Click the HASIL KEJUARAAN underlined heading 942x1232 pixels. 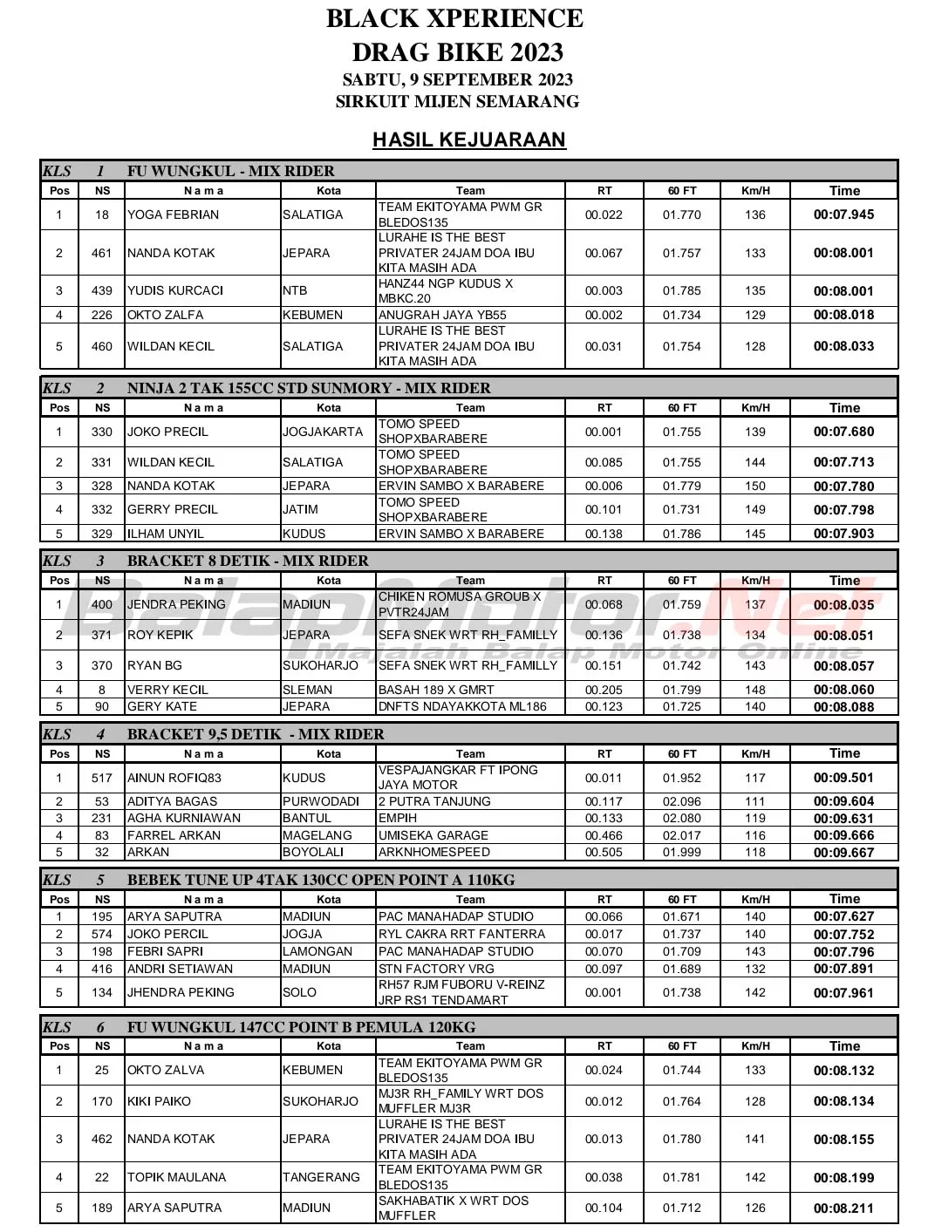[469, 140]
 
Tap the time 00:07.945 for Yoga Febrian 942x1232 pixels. [843, 214]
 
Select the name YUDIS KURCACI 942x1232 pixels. [175, 290]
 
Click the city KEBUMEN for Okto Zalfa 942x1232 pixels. [313, 315]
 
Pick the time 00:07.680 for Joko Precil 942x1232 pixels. [843, 432]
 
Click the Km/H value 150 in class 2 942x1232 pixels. [755, 486]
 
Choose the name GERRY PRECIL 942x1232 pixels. [173, 509]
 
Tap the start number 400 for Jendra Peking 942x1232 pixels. [102, 604]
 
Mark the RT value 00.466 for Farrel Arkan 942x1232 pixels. [604, 835]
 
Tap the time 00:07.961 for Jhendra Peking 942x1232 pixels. [843, 992]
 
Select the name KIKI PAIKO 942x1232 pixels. [159, 1101]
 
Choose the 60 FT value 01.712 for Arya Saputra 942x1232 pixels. [681, 1208]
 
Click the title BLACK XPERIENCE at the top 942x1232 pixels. [454, 18]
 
